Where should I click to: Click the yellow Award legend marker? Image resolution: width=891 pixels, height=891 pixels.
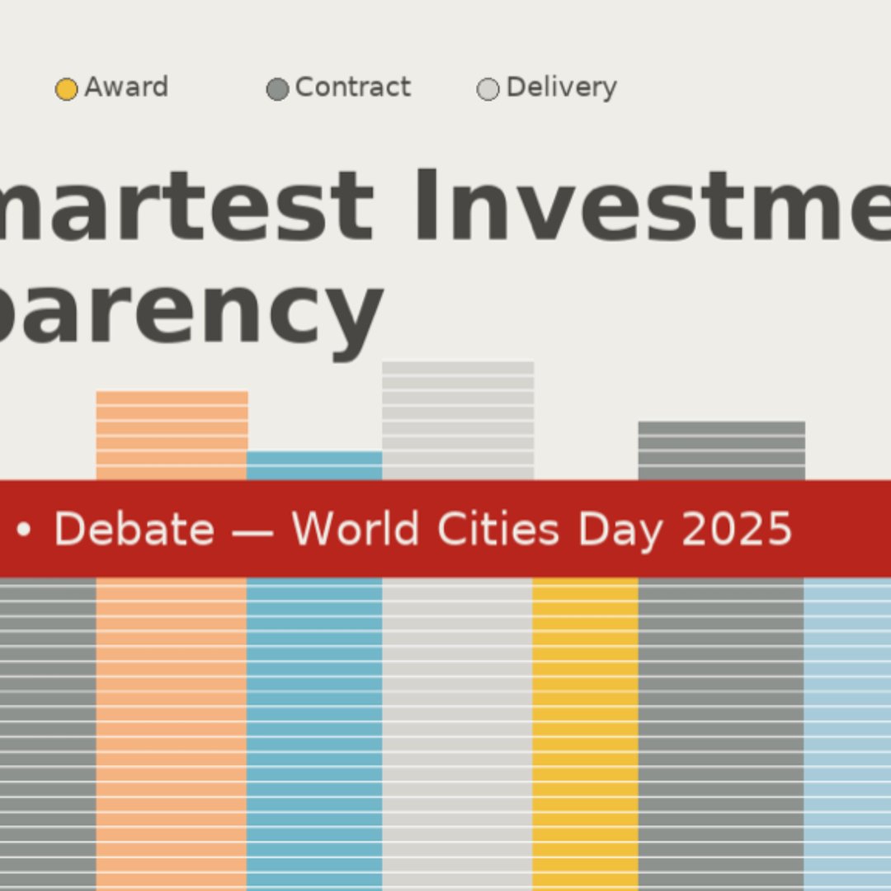click(66, 89)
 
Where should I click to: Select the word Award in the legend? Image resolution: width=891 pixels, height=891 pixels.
click(126, 87)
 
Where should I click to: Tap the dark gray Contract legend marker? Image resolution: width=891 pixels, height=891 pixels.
click(277, 89)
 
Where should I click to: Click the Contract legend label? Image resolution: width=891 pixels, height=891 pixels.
click(352, 87)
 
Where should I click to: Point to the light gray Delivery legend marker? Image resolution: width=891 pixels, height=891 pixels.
click(488, 89)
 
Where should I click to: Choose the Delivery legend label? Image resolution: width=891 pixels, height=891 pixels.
click(561, 87)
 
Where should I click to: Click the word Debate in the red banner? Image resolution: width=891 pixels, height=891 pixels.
click(134, 529)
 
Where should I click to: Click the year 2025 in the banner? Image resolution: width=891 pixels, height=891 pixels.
click(737, 529)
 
